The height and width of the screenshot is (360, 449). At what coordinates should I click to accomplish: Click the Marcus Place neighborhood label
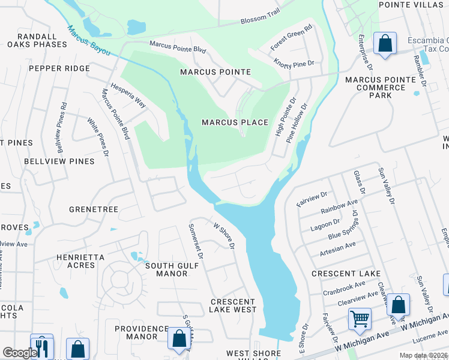pos(235,122)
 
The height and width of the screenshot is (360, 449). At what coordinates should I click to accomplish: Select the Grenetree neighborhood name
pos(94,209)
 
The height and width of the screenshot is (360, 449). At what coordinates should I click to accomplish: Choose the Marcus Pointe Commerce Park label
pos(381,88)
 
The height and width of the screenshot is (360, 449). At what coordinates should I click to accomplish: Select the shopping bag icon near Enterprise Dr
pos(384,43)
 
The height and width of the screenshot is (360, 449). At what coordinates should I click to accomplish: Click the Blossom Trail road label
pos(261,20)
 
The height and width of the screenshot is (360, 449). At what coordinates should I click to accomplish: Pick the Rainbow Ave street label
pos(339,208)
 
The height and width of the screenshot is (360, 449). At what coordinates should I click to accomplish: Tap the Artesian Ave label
pos(338,247)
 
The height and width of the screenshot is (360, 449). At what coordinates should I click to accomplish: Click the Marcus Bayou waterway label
pos(89,41)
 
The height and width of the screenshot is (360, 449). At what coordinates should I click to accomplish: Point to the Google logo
pos(19,353)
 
